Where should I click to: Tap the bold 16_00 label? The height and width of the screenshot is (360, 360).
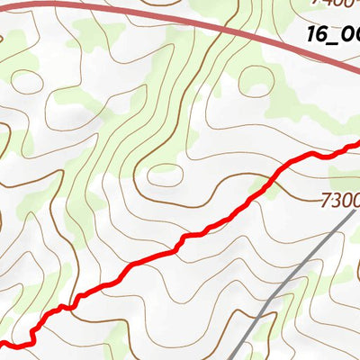(x=333, y=36)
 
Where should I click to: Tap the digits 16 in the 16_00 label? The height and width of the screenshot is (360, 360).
(x=316, y=35)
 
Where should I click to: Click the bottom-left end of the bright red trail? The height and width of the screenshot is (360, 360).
(x=2, y=343)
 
